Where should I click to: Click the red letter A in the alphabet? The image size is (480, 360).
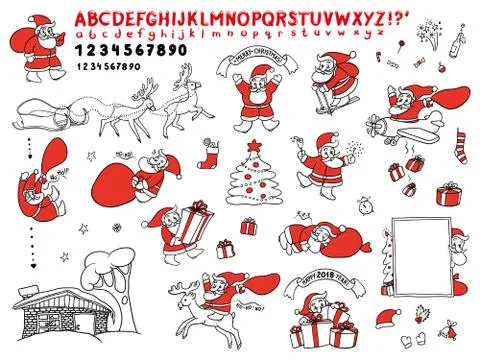coord(78,18)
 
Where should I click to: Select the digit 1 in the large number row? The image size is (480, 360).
coord(78,49)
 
